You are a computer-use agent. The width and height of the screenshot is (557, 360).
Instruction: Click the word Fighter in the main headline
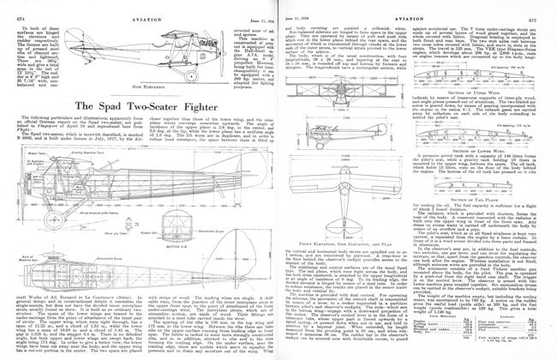point(192,81)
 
